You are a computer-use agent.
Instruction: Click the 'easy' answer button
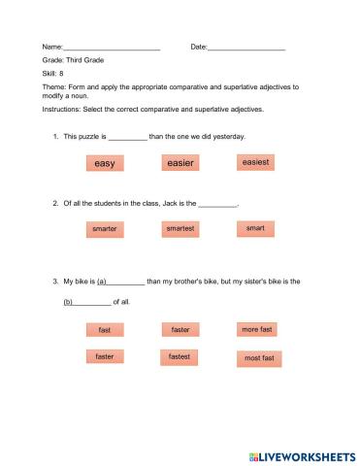(105, 163)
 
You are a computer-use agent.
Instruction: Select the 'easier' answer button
(180, 163)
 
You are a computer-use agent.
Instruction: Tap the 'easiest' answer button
(255, 162)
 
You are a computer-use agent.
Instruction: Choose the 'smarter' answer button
(105, 229)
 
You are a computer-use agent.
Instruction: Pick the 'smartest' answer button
(180, 229)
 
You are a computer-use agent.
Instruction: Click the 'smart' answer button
(255, 228)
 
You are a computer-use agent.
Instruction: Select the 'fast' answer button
(105, 331)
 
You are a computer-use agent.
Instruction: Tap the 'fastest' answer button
(180, 357)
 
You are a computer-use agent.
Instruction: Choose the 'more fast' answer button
(257, 330)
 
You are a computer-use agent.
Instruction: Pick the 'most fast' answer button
(259, 358)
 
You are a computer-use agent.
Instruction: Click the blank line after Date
(246, 48)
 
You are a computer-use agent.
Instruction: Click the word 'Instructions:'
(64, 110)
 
